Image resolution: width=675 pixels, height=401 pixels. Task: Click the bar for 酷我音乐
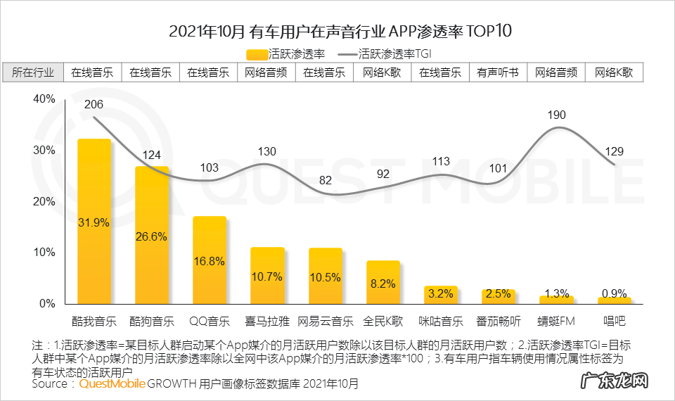pyautogui.click(x=94, y=222)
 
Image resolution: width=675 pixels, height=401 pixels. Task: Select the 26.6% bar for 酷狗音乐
pyautogui.click(x=152, y=235)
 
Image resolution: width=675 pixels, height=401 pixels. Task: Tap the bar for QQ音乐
pyautogui.click(x=210, y=260)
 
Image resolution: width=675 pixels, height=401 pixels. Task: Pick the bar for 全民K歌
pyautogui.click(x=383, y=282)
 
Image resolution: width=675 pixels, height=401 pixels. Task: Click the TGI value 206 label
pyautogui.click(x=94, y=105)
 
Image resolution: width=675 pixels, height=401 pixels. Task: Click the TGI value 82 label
pyautogui.click(x=325, y=181)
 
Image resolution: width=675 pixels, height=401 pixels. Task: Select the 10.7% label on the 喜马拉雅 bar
pyautogui.click(x=267, y=276)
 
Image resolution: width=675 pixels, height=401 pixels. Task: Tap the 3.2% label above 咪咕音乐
pyautogui.click(x=441, y=293)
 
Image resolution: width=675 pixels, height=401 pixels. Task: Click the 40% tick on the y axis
pyautogui.click(x=44, y=100)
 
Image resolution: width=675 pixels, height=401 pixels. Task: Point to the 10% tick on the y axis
pyautogui.click(x=44, y=253)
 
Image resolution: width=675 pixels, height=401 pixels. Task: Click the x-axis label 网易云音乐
pyautogui.click(x=325, y=322)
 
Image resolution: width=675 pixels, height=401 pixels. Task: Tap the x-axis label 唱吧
pyautogui.click(x=614, y=322)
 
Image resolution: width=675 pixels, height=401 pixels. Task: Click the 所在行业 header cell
pyautogui.click(x=33, y=72)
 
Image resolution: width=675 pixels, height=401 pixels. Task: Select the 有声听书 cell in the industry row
pyautogui.click(x=498, y=72)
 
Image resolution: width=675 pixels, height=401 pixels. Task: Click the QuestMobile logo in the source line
pyautogui.click(x=112, y=384)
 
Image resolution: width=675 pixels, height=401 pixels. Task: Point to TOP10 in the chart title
pyautogui.click(x=485, y=32)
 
